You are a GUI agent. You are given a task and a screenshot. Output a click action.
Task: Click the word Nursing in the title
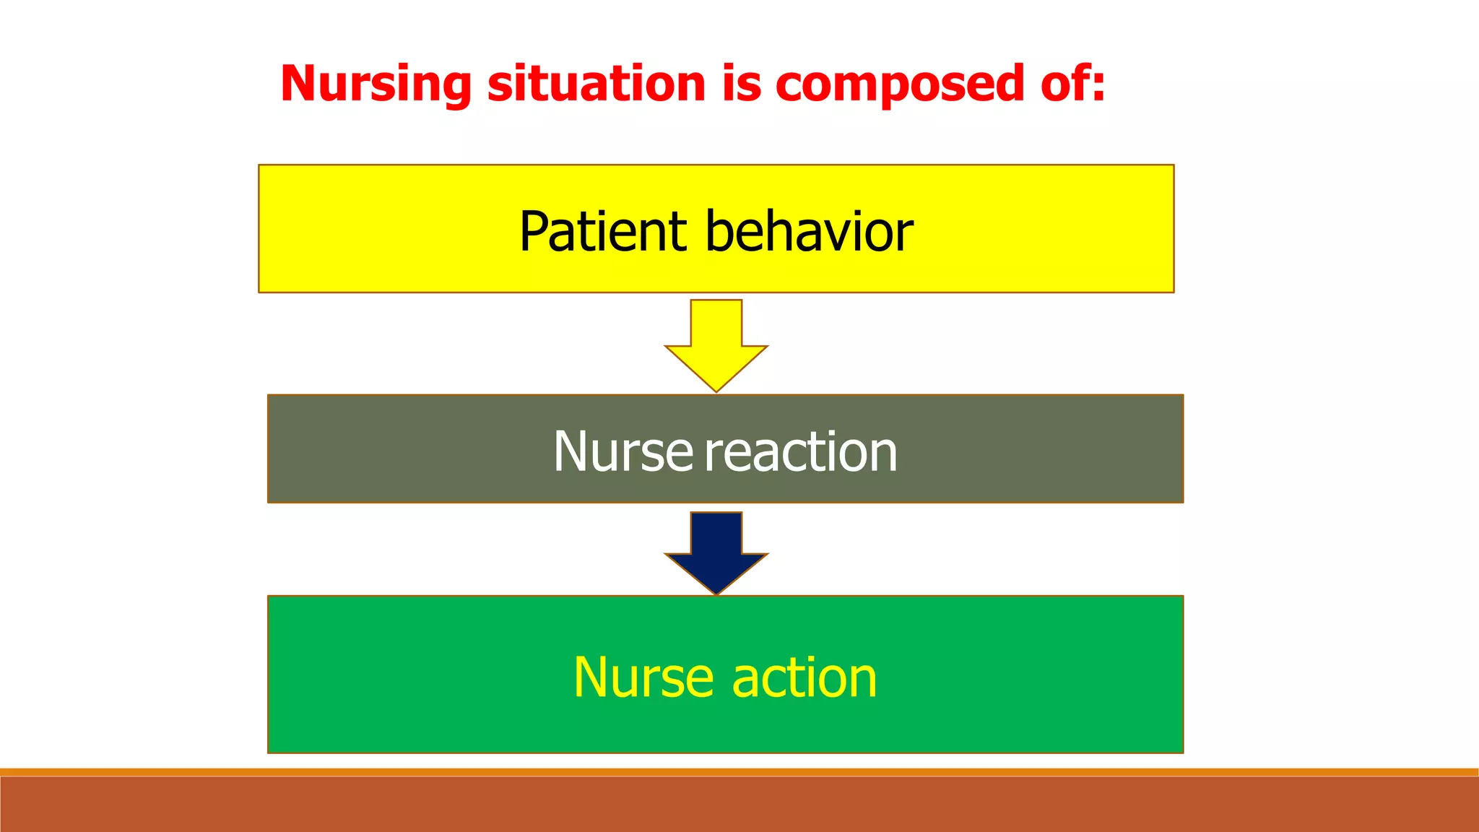point(376,85)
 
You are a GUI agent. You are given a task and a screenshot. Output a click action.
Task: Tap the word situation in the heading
point(597,84)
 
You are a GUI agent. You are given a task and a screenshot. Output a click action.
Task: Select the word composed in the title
point(900,85)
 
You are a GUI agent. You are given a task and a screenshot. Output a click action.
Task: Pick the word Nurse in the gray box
point(623,452)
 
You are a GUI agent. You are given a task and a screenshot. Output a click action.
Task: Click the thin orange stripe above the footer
point(739,772)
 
